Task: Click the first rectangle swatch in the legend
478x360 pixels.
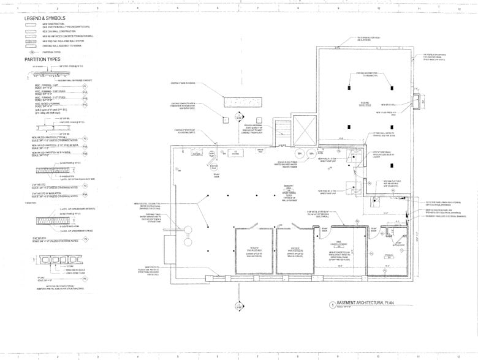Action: [29, 24]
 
